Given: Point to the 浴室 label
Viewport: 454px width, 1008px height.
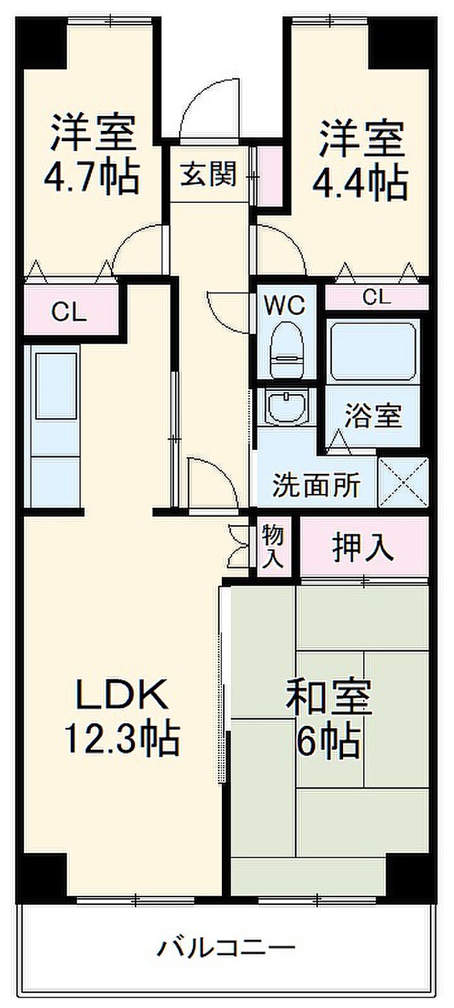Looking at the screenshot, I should pos(373,415).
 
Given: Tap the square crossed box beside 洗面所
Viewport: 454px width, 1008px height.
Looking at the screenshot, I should pos(403,482).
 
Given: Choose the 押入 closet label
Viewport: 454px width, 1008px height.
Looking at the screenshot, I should pos(363,548).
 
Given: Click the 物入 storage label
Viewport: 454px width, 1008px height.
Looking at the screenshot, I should pos(273,547).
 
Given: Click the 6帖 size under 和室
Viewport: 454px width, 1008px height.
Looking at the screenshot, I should pos(328,743).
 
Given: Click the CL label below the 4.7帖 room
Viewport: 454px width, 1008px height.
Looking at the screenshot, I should pos(69,313).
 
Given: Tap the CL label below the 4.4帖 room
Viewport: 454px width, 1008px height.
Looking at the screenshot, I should pos(376,298).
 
